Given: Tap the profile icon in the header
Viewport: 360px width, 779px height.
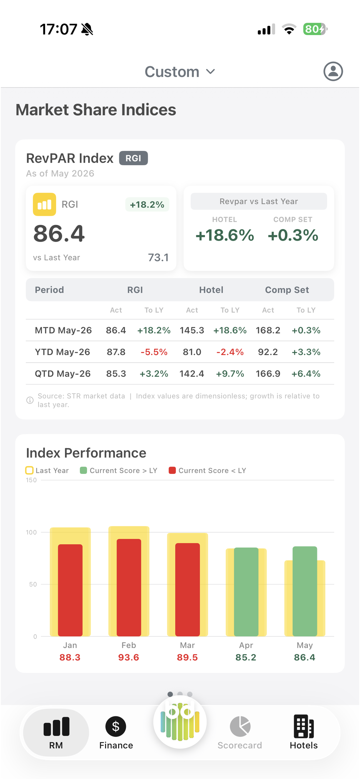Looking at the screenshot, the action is [x=333, y=72].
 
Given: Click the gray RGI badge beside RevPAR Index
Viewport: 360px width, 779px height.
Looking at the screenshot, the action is [x=133, y=158].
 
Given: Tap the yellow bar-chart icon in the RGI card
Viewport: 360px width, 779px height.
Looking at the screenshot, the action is [x=44, y=204].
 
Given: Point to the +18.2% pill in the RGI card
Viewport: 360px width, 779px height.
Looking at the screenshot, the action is [x=147, y=204].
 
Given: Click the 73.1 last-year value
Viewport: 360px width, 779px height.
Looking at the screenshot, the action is [x=158, y=257].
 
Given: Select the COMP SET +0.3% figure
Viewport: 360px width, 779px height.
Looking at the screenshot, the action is [x=293, y=235].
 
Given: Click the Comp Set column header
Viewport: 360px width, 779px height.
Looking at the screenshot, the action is [x=287, y=290].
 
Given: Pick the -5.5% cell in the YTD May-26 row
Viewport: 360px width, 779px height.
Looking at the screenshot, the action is [x=154, y=352].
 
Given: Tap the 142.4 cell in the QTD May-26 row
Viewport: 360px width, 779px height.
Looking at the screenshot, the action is [x=192, y=374].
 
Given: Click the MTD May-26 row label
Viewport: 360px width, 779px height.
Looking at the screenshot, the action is [x=63, y=330].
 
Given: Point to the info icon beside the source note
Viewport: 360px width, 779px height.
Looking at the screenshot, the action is [x=30, y=400].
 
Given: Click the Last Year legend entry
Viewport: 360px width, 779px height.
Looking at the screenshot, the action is [x=47, y=471].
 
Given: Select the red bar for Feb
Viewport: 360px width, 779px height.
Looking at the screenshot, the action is [x=129, y=587].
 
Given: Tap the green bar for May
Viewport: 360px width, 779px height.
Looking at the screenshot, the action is [x=305, y=591].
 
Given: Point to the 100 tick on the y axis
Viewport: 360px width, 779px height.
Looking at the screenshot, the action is [x=31, y=532].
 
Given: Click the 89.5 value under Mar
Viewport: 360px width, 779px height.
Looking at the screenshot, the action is [x=187, y=657].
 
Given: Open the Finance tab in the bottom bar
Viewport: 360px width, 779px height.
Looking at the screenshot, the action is [x=116, y=733].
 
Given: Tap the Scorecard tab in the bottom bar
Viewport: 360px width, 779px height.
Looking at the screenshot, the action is [x=240, y=733].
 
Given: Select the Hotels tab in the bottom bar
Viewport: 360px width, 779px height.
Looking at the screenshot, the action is [x=304, y=733].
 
